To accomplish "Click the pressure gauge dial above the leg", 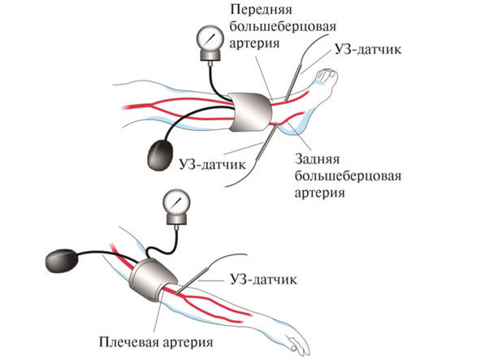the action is coord(210,38).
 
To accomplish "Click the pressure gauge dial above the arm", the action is coord(176,202).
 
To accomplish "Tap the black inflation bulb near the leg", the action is coord(161,155).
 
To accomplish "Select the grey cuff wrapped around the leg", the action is coord(251,112).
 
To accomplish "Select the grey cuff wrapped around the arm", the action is coord(153,280).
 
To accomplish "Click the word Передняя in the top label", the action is coord(261,10).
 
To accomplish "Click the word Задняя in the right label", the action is coord(318,159).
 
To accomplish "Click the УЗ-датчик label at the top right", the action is coord(368,50).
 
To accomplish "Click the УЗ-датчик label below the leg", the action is coord(213,164).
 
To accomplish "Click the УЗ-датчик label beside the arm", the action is coord(263,280).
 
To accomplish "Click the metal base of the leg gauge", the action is coord(210,56).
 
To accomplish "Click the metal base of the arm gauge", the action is coord(176,219).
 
